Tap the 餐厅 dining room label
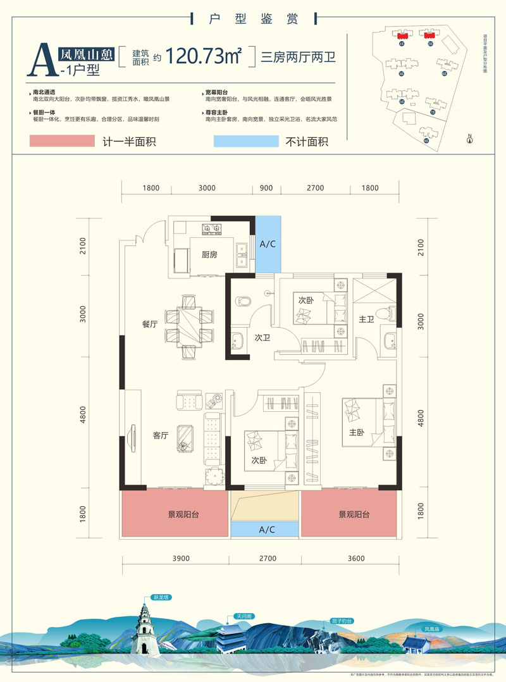pyautogui.click(x=150, y=324)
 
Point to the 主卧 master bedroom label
pyautogui.click(x=357, y=433)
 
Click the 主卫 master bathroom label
pyautogui.click(x=367, y=320)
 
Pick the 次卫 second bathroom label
pyautogui.click(x=262, y=338)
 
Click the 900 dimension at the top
pyautogui.click(x=266, y=188)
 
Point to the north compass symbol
pyautogui.click(x=469, y=139)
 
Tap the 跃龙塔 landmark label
pyautogui.click(x=162, y=597)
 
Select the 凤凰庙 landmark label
pyautogui.click(x=432, y=629)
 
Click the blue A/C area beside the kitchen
pyautogui.click(x=266, y=244)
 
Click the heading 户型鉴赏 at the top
pyautogui.click(x=253, y=18)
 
